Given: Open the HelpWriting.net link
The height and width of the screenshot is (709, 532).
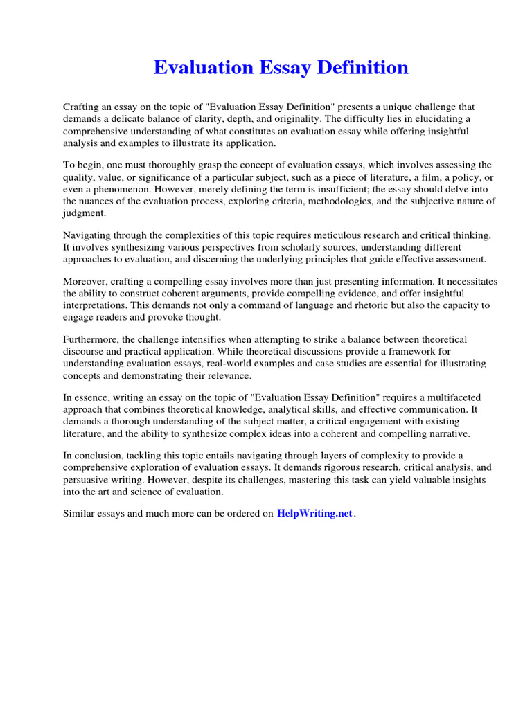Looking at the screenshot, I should pyautogui.click(x=315, y=514).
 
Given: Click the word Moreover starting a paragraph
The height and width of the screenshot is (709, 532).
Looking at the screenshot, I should pyautogui.click(x=87, y=281).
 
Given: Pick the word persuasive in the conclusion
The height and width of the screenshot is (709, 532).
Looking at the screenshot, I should pyautogui.click(x=87, y=479).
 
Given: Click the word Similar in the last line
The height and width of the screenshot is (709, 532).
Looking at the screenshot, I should pyautogui.click(x=80, y=514).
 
